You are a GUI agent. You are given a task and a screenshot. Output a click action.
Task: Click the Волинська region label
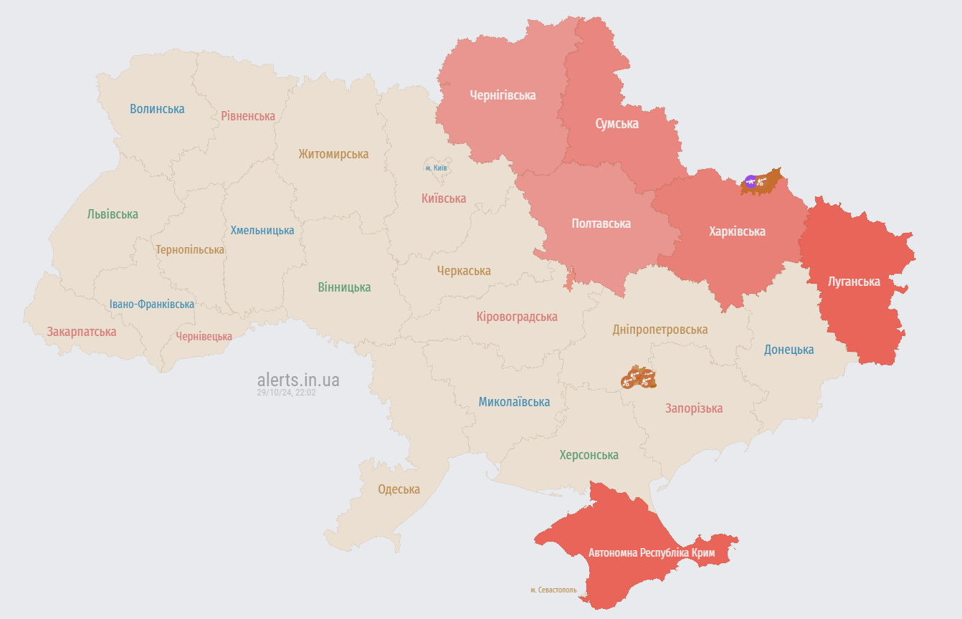click(x=157, y=109)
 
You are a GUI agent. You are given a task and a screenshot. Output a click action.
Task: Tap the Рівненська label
click(x=248, y=116)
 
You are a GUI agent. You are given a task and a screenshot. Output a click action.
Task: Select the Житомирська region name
click(x=333, y=154)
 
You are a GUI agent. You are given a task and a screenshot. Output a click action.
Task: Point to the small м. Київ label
click(x=436, y=168)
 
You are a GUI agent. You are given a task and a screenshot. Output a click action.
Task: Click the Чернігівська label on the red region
click(x=503, y=95)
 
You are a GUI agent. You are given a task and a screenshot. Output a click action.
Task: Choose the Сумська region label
click(x=616, y=124)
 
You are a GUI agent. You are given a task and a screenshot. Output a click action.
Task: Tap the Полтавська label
click(x=601, y=224)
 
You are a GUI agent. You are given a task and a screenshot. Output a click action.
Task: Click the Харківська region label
click(x=736, y=231)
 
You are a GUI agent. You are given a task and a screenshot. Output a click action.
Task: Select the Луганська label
click(x=853, y=282)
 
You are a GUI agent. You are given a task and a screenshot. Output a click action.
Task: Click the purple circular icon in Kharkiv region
click(x=751, y=181)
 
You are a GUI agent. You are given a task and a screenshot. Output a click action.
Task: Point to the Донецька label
click(x=789, y=350)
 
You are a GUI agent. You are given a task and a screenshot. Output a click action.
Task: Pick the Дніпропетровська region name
click(x=659, y=330)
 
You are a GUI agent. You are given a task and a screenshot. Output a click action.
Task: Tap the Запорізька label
click(x=693, y=408)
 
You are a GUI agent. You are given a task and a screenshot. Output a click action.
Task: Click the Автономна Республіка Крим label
click(x=651, y=553)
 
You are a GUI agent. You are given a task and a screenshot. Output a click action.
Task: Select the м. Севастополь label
click(x=553, y=590)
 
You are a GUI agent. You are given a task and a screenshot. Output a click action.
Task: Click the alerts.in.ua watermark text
click(x=298, y=380)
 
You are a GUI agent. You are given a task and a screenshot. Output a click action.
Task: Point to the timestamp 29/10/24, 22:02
click(x=286, y=393)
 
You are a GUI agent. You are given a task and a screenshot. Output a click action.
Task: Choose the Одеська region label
click(x=399, y=489)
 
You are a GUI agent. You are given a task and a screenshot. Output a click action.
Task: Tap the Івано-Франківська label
click(x=152, y=304)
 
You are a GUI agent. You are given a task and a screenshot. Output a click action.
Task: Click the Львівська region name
click(x=113, y=214)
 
